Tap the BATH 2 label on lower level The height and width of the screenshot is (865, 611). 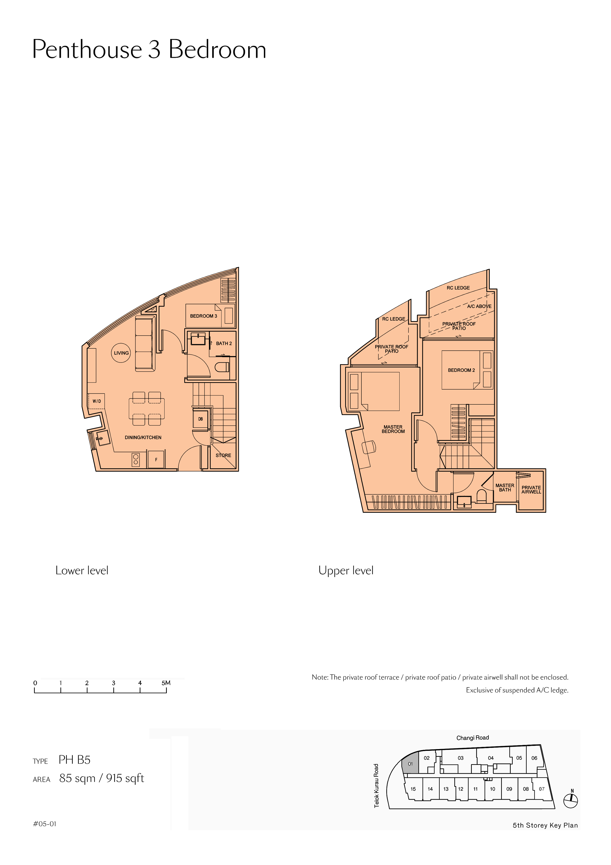[x=224, y=343]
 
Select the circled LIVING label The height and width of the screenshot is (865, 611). [x=121, y=353]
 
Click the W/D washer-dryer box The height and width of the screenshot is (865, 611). [x=96, y=401]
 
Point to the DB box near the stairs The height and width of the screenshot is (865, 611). [x=200, y=419]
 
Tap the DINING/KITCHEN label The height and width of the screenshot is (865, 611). [x=143, y=437]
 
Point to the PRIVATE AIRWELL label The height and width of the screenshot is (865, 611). [x=531, y=489]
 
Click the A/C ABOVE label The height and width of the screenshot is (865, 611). [x=479, y=306]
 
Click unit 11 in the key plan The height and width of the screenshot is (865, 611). [x=475, y=789]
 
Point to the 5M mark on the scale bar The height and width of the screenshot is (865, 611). [x=166, y=683]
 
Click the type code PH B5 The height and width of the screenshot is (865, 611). [x=75, y=760]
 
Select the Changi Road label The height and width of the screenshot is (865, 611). [x=473, y=738]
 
